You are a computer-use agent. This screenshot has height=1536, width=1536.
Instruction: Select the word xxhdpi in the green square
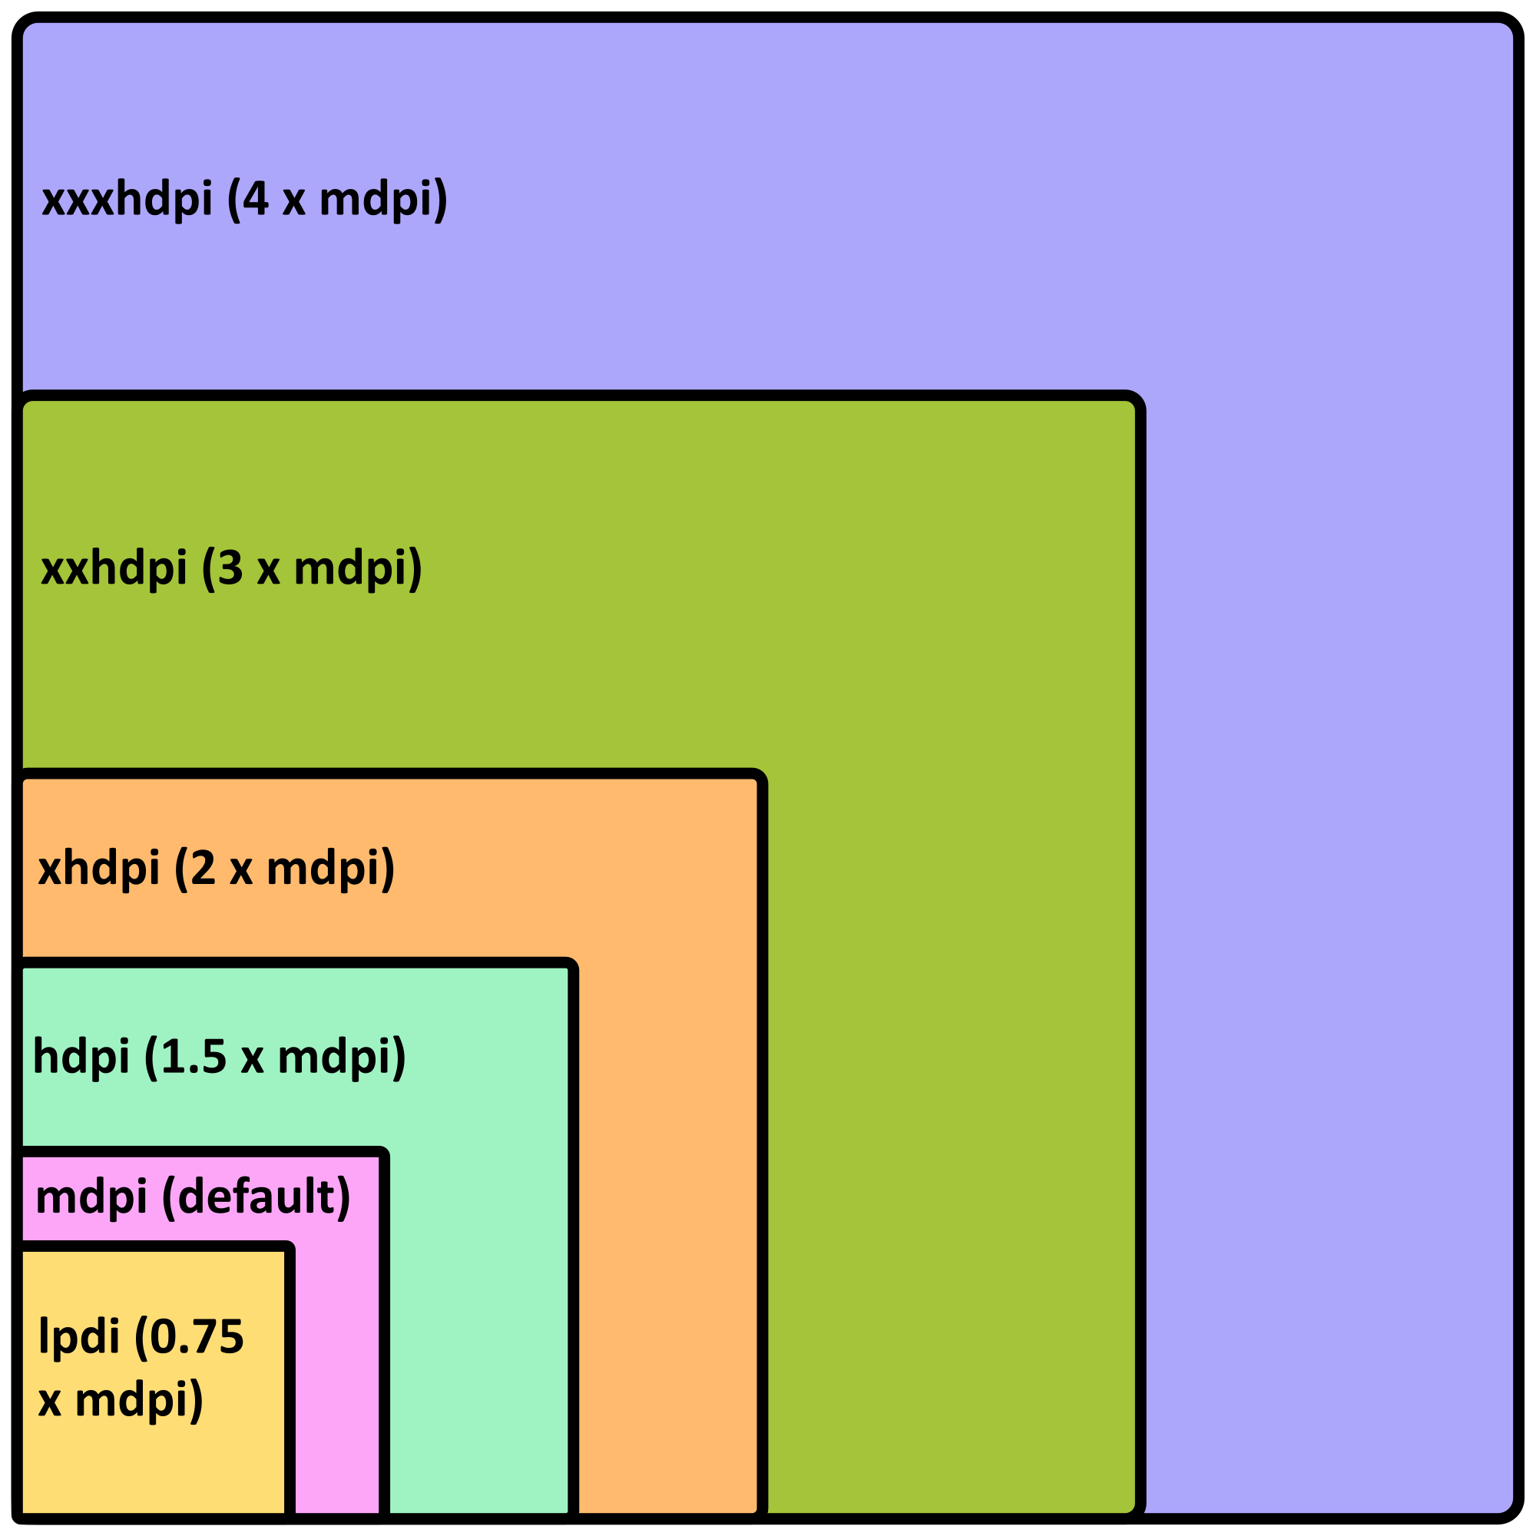114,568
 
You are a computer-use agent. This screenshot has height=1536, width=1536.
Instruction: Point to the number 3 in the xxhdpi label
230,568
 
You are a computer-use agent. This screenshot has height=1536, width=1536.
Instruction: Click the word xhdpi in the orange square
99,867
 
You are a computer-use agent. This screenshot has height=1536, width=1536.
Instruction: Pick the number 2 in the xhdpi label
203,866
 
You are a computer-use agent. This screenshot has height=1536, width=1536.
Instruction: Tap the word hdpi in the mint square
81,1057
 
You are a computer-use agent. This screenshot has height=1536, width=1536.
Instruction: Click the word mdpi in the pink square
91,1197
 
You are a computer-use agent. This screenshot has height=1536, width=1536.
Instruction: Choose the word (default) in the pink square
256,1196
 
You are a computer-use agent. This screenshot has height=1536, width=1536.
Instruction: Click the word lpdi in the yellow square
78,1336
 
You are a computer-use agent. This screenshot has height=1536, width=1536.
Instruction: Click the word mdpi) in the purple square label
383,200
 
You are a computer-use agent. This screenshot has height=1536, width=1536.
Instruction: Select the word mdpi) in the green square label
358,568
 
